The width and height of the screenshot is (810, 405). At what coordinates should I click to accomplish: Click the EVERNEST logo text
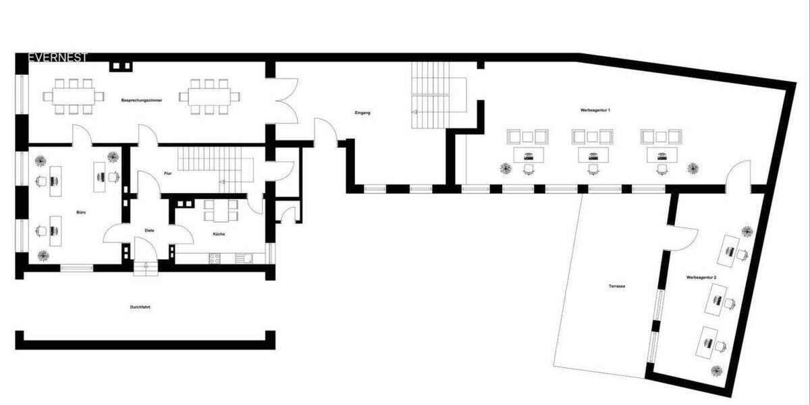[57, 58]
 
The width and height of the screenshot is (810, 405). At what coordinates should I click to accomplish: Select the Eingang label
[363, 113]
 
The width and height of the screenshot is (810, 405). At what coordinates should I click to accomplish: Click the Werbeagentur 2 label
[701, 277]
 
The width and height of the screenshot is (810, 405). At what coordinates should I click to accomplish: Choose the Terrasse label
[616, 286]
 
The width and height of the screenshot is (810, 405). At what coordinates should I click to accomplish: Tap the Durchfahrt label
[140, 307]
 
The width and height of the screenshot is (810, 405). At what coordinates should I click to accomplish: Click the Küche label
[218, 234]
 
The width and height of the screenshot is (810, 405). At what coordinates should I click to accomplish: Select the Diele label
[150, 230]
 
